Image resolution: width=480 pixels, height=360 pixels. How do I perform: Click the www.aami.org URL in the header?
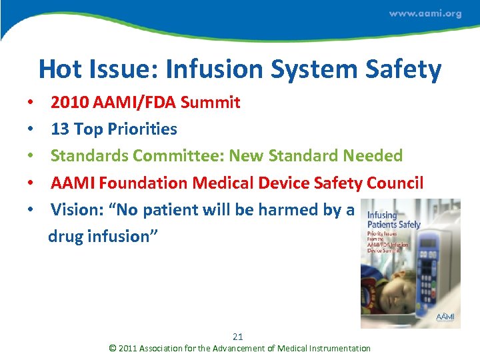(425, 14)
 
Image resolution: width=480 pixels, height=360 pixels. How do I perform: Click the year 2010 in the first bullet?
(68, 103)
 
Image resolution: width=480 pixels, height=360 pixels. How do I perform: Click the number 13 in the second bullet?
(59, 129)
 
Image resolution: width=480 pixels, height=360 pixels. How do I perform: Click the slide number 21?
(238, 337)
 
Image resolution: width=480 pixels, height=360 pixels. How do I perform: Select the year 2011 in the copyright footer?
(129, 348)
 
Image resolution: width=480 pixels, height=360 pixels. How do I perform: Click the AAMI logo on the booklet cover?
(445, 317)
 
